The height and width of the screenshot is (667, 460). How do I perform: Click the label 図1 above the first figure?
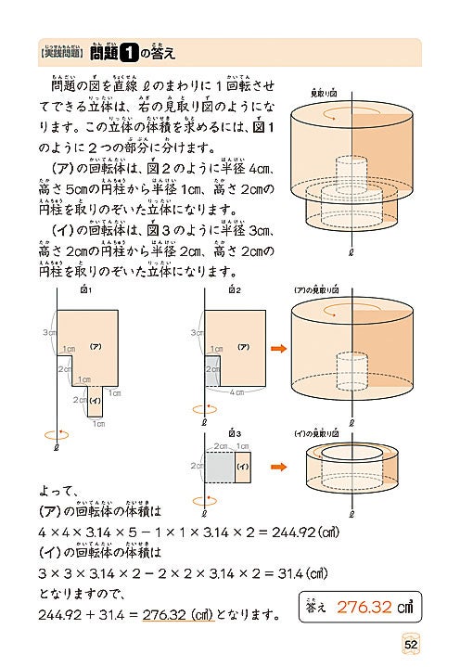[x=86, y=291]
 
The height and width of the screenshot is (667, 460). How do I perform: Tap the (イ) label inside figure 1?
[x=95, y=400]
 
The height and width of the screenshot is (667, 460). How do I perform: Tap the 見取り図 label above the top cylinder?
[x=323, y=94]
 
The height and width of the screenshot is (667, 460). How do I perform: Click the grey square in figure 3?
[x=220, y=466]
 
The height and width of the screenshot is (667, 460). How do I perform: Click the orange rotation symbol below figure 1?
[x=57, y=431]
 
